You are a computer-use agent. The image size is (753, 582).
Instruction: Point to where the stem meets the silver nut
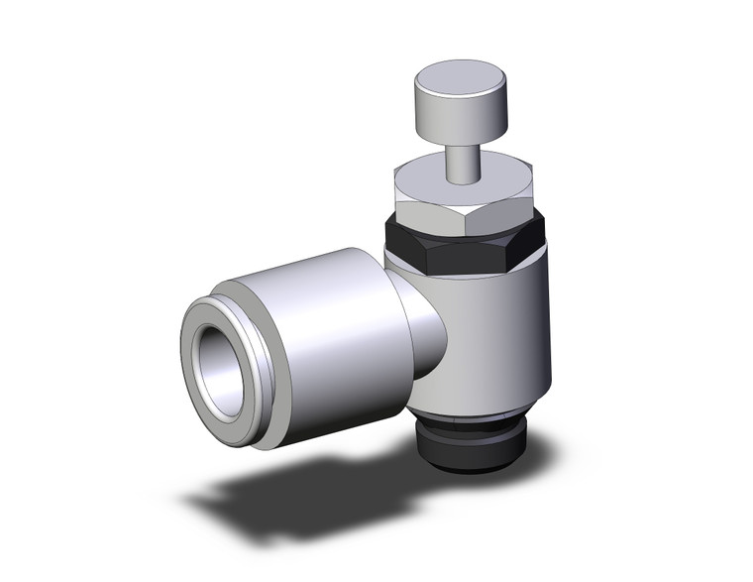pos(460,181)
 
